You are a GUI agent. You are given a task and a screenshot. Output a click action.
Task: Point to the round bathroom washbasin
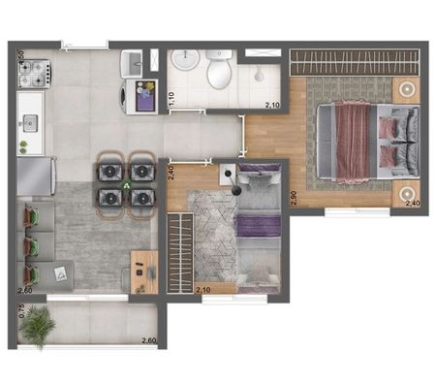click(x=184, y=63)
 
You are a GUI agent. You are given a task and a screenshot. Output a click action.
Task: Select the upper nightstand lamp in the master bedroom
click(x=405, y=89)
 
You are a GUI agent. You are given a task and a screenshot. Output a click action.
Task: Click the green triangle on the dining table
click(x=126, y=184)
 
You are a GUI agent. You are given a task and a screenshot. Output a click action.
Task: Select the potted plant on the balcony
click(x=38, y=326)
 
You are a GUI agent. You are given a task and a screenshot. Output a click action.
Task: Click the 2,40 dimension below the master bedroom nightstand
click(x=411, y=205)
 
